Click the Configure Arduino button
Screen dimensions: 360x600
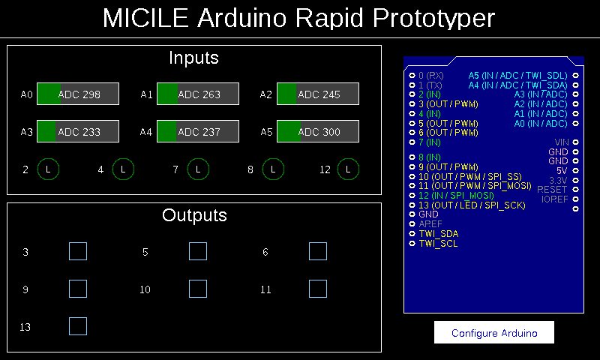point(494,333)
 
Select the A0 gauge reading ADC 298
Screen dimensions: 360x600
point(78,94)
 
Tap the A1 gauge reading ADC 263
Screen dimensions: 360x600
point(198,94)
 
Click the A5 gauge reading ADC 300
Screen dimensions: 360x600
point(318,132)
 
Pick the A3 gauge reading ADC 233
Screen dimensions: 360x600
point(78,132)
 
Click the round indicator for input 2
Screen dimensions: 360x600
point(48,170)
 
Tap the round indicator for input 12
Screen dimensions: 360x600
point(348,170)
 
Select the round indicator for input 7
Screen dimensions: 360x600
point(198,170)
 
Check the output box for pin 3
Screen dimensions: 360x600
point(78,251)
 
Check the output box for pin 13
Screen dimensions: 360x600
point(78,326)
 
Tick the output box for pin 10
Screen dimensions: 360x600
point(198,289)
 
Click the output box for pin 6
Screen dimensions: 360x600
point(318,251)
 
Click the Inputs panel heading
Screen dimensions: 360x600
point(193,58)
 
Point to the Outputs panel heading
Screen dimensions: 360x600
point(194,216)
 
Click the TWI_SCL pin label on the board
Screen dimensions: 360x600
point(438,243)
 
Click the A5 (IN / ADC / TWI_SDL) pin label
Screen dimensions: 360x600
point(517,76)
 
